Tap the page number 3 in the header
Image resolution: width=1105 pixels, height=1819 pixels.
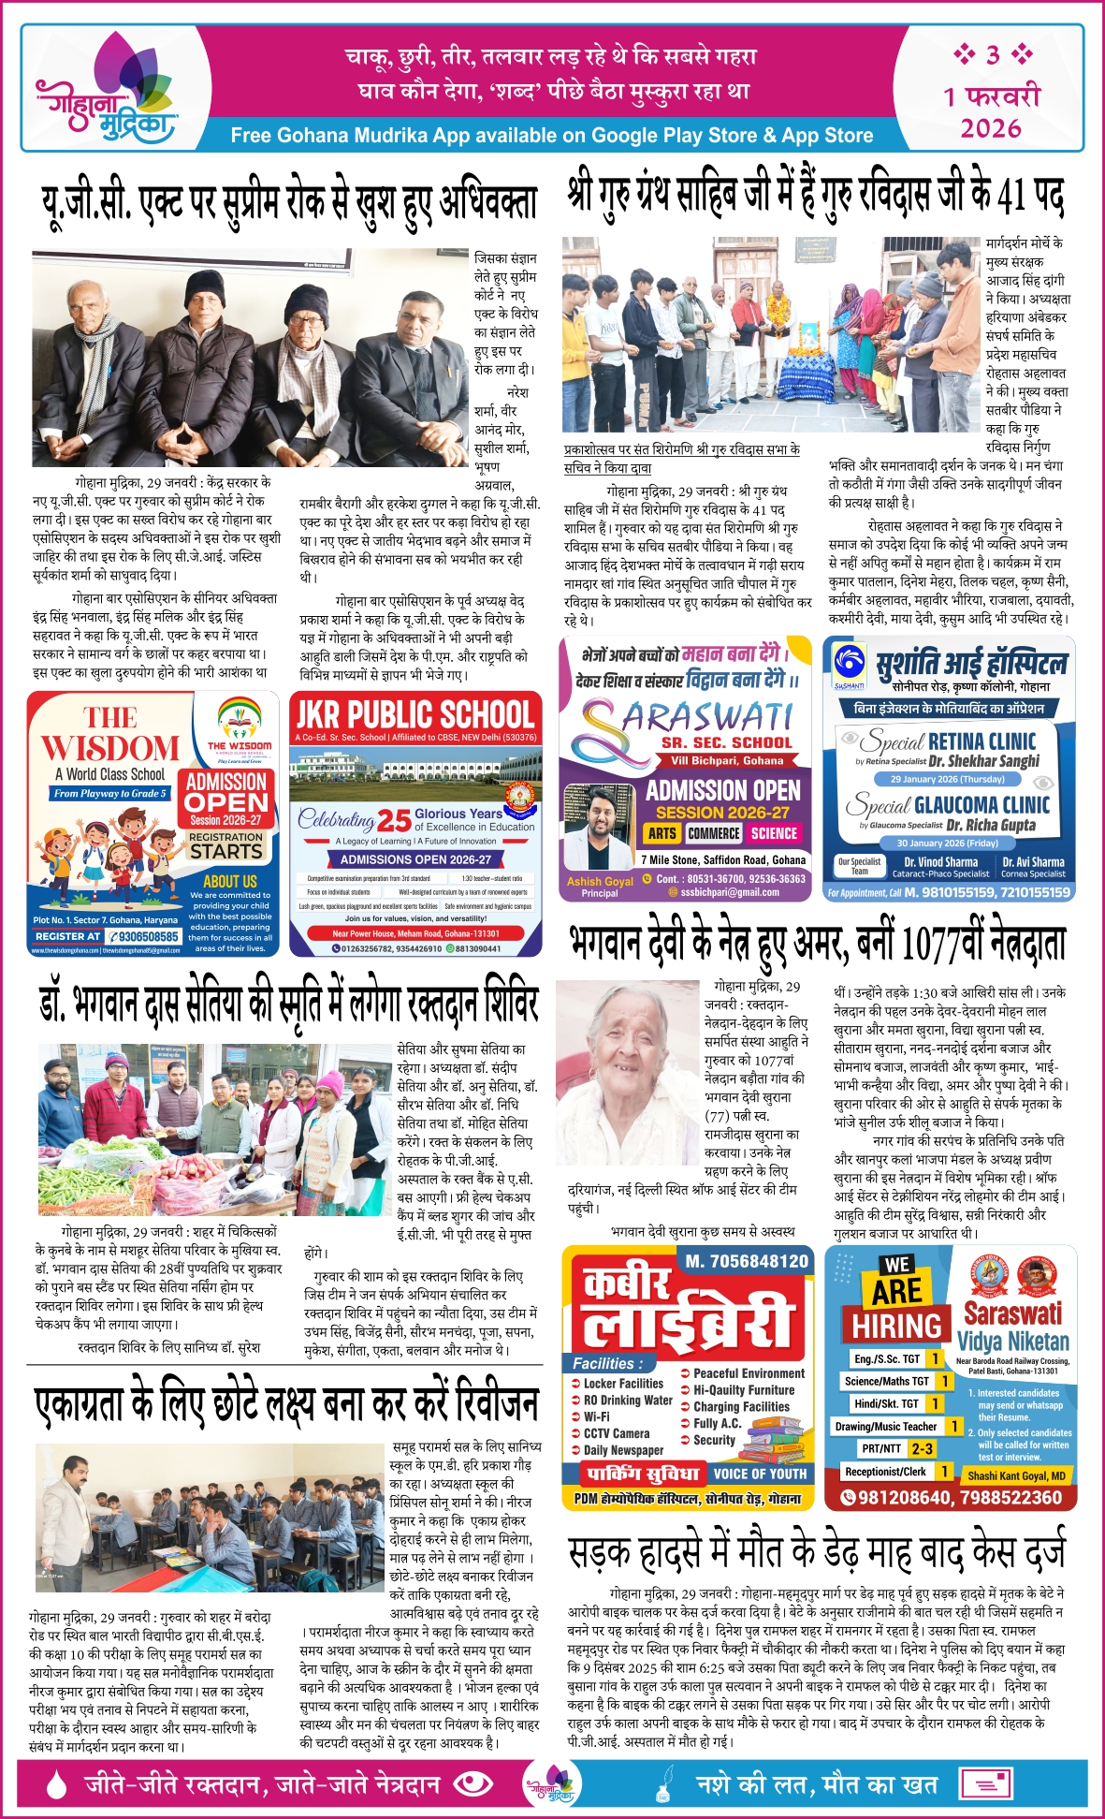point(993,55)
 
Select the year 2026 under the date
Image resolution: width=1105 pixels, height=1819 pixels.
point(991,128)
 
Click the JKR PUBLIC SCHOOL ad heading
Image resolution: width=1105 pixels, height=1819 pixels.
point(414,715)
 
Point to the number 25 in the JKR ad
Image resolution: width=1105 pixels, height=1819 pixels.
point(394,821)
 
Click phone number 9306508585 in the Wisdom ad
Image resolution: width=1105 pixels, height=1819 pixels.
point(143,936)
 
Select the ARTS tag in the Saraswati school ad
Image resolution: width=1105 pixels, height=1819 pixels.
point(662,833)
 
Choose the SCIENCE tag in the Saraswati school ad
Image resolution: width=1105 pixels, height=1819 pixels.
point(774,833)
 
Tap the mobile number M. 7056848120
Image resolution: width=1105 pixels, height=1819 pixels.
point(747,1261)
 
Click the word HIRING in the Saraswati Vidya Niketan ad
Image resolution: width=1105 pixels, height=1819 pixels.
point(896,1326)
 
